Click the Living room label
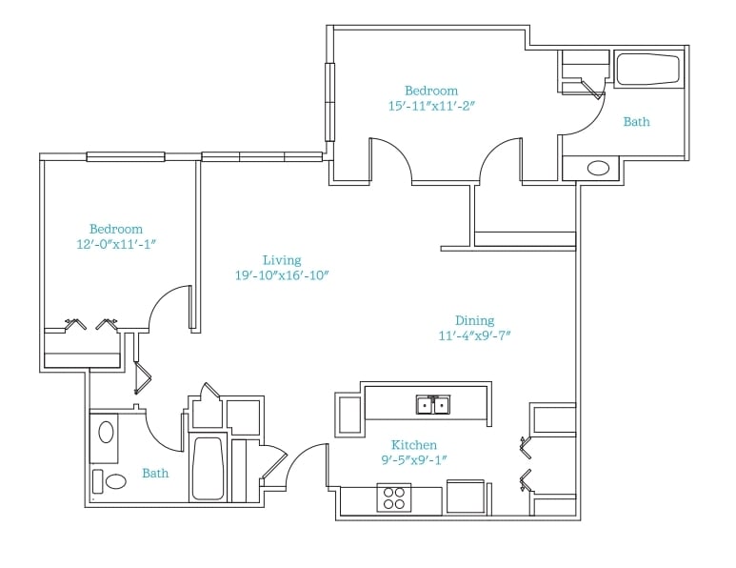282,260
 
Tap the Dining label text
474,320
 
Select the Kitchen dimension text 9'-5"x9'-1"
414,460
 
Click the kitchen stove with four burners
394,498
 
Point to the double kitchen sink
433,404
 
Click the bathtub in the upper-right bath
647,70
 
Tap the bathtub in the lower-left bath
208,469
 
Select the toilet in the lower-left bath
110,481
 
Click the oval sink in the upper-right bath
599,168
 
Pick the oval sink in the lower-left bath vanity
106,433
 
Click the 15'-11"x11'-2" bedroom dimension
432,106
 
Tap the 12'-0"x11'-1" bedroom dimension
116,244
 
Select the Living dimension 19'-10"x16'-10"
282,275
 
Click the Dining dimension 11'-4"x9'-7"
474,335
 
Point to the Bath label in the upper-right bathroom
636,122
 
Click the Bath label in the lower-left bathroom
155,473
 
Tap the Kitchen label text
414,445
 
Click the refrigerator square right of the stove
466,497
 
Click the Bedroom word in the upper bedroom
431,91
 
